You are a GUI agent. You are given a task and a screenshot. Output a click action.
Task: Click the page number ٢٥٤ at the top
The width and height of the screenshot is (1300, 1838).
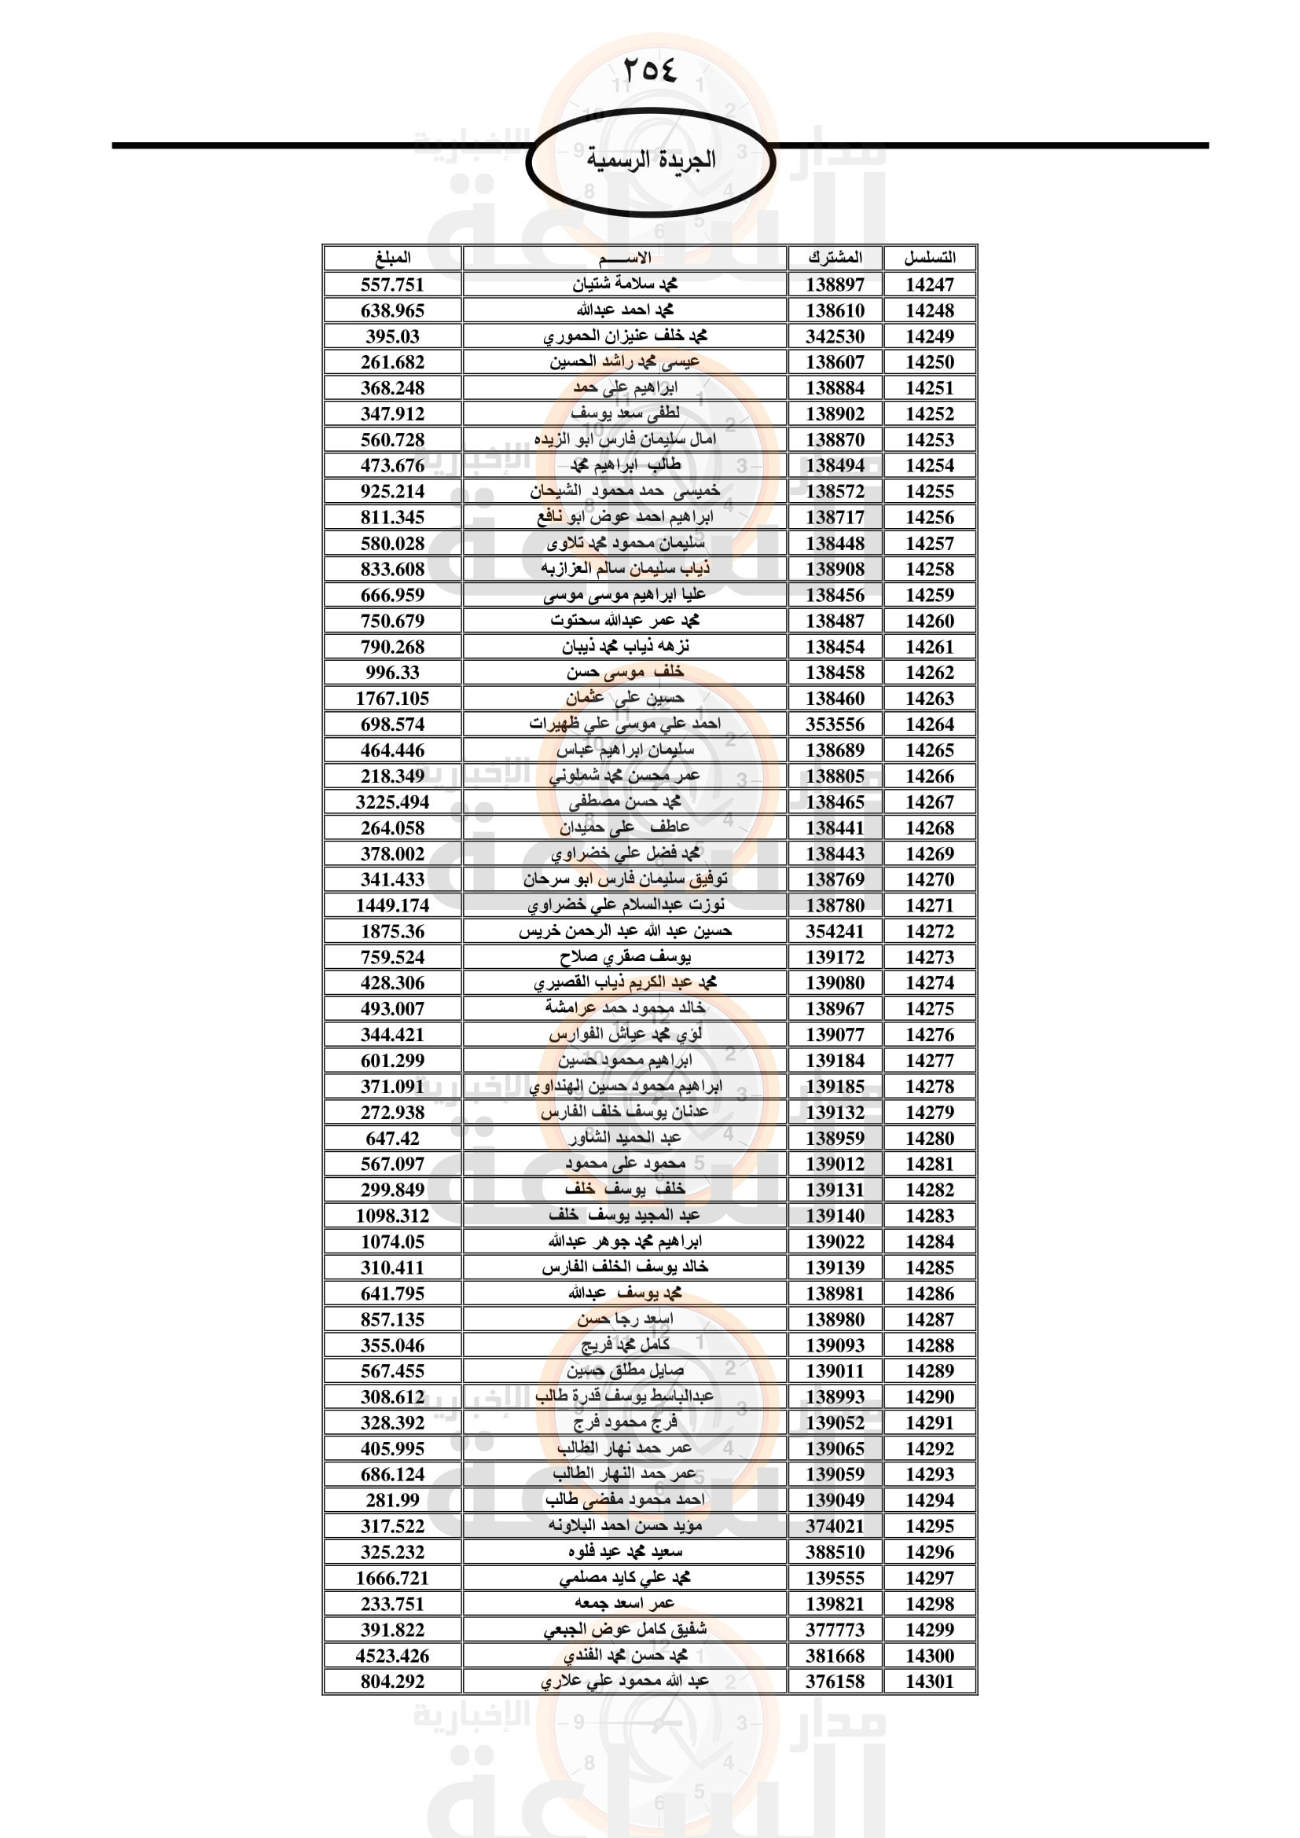point(649,70)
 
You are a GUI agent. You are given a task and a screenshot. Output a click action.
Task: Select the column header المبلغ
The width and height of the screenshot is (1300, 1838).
point(392,258)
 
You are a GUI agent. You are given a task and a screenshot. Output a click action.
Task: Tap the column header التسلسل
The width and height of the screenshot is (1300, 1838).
point(929,258)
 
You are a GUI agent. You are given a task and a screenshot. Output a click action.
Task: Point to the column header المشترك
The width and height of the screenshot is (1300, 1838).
point(835,258)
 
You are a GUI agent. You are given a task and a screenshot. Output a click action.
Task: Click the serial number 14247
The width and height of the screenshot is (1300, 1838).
point(929,285)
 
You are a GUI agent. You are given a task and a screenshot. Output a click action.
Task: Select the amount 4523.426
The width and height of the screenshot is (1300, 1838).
point(392,1656)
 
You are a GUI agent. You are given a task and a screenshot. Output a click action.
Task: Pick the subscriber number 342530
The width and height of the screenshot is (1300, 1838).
point(835,336)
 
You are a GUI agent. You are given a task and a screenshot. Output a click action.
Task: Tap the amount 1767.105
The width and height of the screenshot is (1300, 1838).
point(392,699)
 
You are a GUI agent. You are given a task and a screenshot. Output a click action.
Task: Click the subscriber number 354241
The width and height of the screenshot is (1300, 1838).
point(835,931)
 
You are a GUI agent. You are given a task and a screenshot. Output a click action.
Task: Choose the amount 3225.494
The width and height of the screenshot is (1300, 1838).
point(392,802)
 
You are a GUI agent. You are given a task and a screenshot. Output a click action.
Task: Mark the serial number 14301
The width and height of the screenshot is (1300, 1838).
point(929,1681)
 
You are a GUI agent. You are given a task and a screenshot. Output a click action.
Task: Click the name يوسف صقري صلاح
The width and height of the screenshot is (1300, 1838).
point(624,956)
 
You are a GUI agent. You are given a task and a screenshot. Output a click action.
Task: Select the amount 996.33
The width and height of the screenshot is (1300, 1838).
point(392,673)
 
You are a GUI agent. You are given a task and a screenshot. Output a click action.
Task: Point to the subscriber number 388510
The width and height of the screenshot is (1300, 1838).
point(835,1551)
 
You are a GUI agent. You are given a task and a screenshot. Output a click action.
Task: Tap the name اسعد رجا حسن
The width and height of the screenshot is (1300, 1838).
point(624,1319)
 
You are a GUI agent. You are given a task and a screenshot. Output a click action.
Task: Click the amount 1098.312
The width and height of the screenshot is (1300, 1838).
point(392,1215)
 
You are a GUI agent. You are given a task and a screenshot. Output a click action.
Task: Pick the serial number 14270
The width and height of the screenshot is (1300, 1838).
point(929,880)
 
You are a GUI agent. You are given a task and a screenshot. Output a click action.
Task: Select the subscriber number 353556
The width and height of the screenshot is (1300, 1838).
point(835,725)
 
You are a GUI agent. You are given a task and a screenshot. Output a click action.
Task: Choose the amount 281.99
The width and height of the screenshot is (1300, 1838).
point(392,1500)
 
